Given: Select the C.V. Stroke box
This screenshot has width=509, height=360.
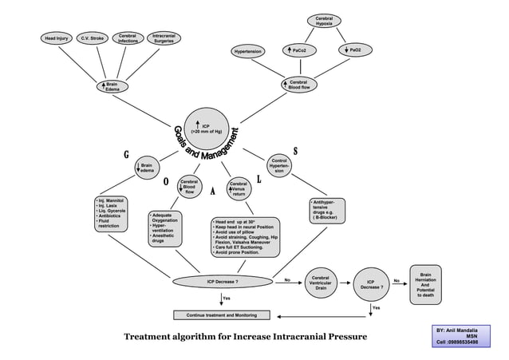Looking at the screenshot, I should [92, 38].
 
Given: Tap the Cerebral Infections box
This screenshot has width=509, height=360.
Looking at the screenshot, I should [127, 38].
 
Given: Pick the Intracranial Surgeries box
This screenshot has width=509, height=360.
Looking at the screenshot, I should [164, 38].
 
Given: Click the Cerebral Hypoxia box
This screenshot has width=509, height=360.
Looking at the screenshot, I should [324, 21].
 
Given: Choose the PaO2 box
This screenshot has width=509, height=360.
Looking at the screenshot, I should [354, 50].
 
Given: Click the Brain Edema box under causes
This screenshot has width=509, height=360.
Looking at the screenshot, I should [112, 85].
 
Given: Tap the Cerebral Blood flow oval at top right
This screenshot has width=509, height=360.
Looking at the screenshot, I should [298, 85].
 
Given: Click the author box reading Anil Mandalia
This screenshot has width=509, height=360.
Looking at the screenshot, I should [457, 336].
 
